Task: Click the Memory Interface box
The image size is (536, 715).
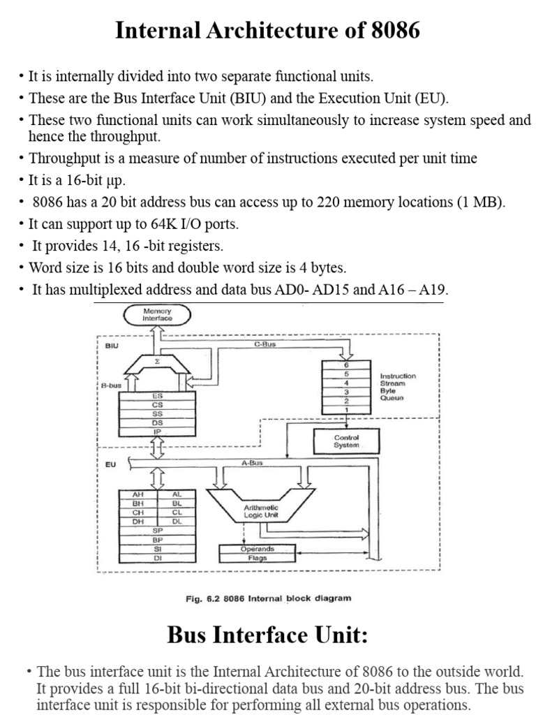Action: (x=157, y=315)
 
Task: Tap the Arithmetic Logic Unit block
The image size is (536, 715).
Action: (x=260, y=511)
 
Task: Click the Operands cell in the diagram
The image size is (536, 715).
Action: (x=257, y=549)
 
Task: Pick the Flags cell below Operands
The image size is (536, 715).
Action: (x=257, y=558)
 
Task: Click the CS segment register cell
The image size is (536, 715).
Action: (x=157, y=404)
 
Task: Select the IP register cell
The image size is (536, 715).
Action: (x=157, y=432)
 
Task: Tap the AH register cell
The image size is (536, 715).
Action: (x=137, y=494)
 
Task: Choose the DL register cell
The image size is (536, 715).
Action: (x=177, y=521)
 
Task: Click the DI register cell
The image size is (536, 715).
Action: (x=157, y=558)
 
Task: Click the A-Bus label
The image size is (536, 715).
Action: (x=251, y=462)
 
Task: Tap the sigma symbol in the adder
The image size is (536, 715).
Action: (x=157, y=362)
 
